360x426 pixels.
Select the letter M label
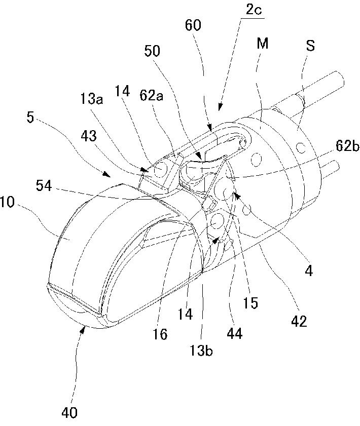(x=262, y=45)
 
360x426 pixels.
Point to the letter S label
(x=310, y=46)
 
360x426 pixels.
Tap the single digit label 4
(x=309, y=271)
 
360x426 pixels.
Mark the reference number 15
(x=250, y=302)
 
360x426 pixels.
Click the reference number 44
(x=235, y=333)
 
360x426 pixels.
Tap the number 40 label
(x=70, y=413)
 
